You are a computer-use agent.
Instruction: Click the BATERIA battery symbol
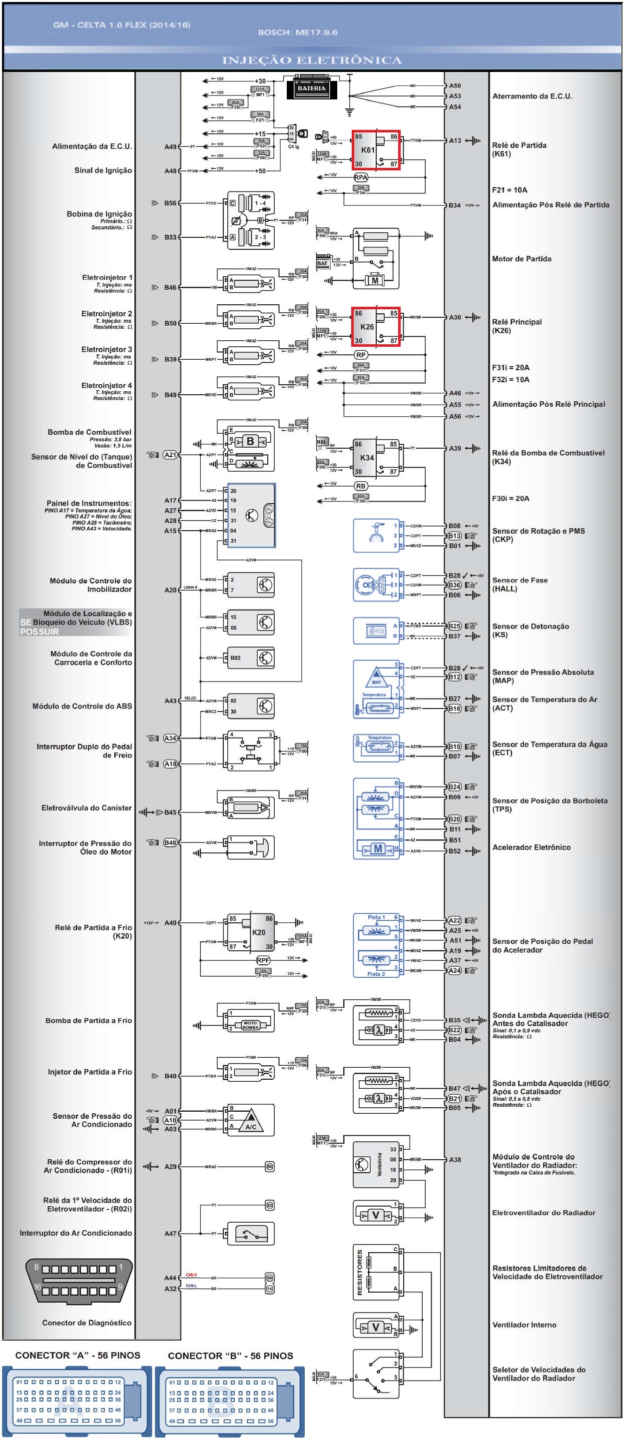(311, 88)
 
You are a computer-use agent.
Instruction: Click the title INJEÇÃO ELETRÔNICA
(312, 60)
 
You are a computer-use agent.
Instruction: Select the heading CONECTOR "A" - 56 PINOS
(77, 1356)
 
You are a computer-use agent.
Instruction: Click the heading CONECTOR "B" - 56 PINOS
(230, 1356)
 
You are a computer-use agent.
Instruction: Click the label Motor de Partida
(522, 259)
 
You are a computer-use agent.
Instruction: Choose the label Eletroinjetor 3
(106, 349)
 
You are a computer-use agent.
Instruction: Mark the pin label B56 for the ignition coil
(170, 203)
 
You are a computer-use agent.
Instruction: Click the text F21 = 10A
(510, 190)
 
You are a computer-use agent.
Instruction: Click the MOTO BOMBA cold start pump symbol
(250, 1025)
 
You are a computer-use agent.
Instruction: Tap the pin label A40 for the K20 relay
(170, 923)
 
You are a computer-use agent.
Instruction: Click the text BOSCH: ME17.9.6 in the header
(297, 32)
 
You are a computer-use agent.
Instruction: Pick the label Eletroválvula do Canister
(86, 808)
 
